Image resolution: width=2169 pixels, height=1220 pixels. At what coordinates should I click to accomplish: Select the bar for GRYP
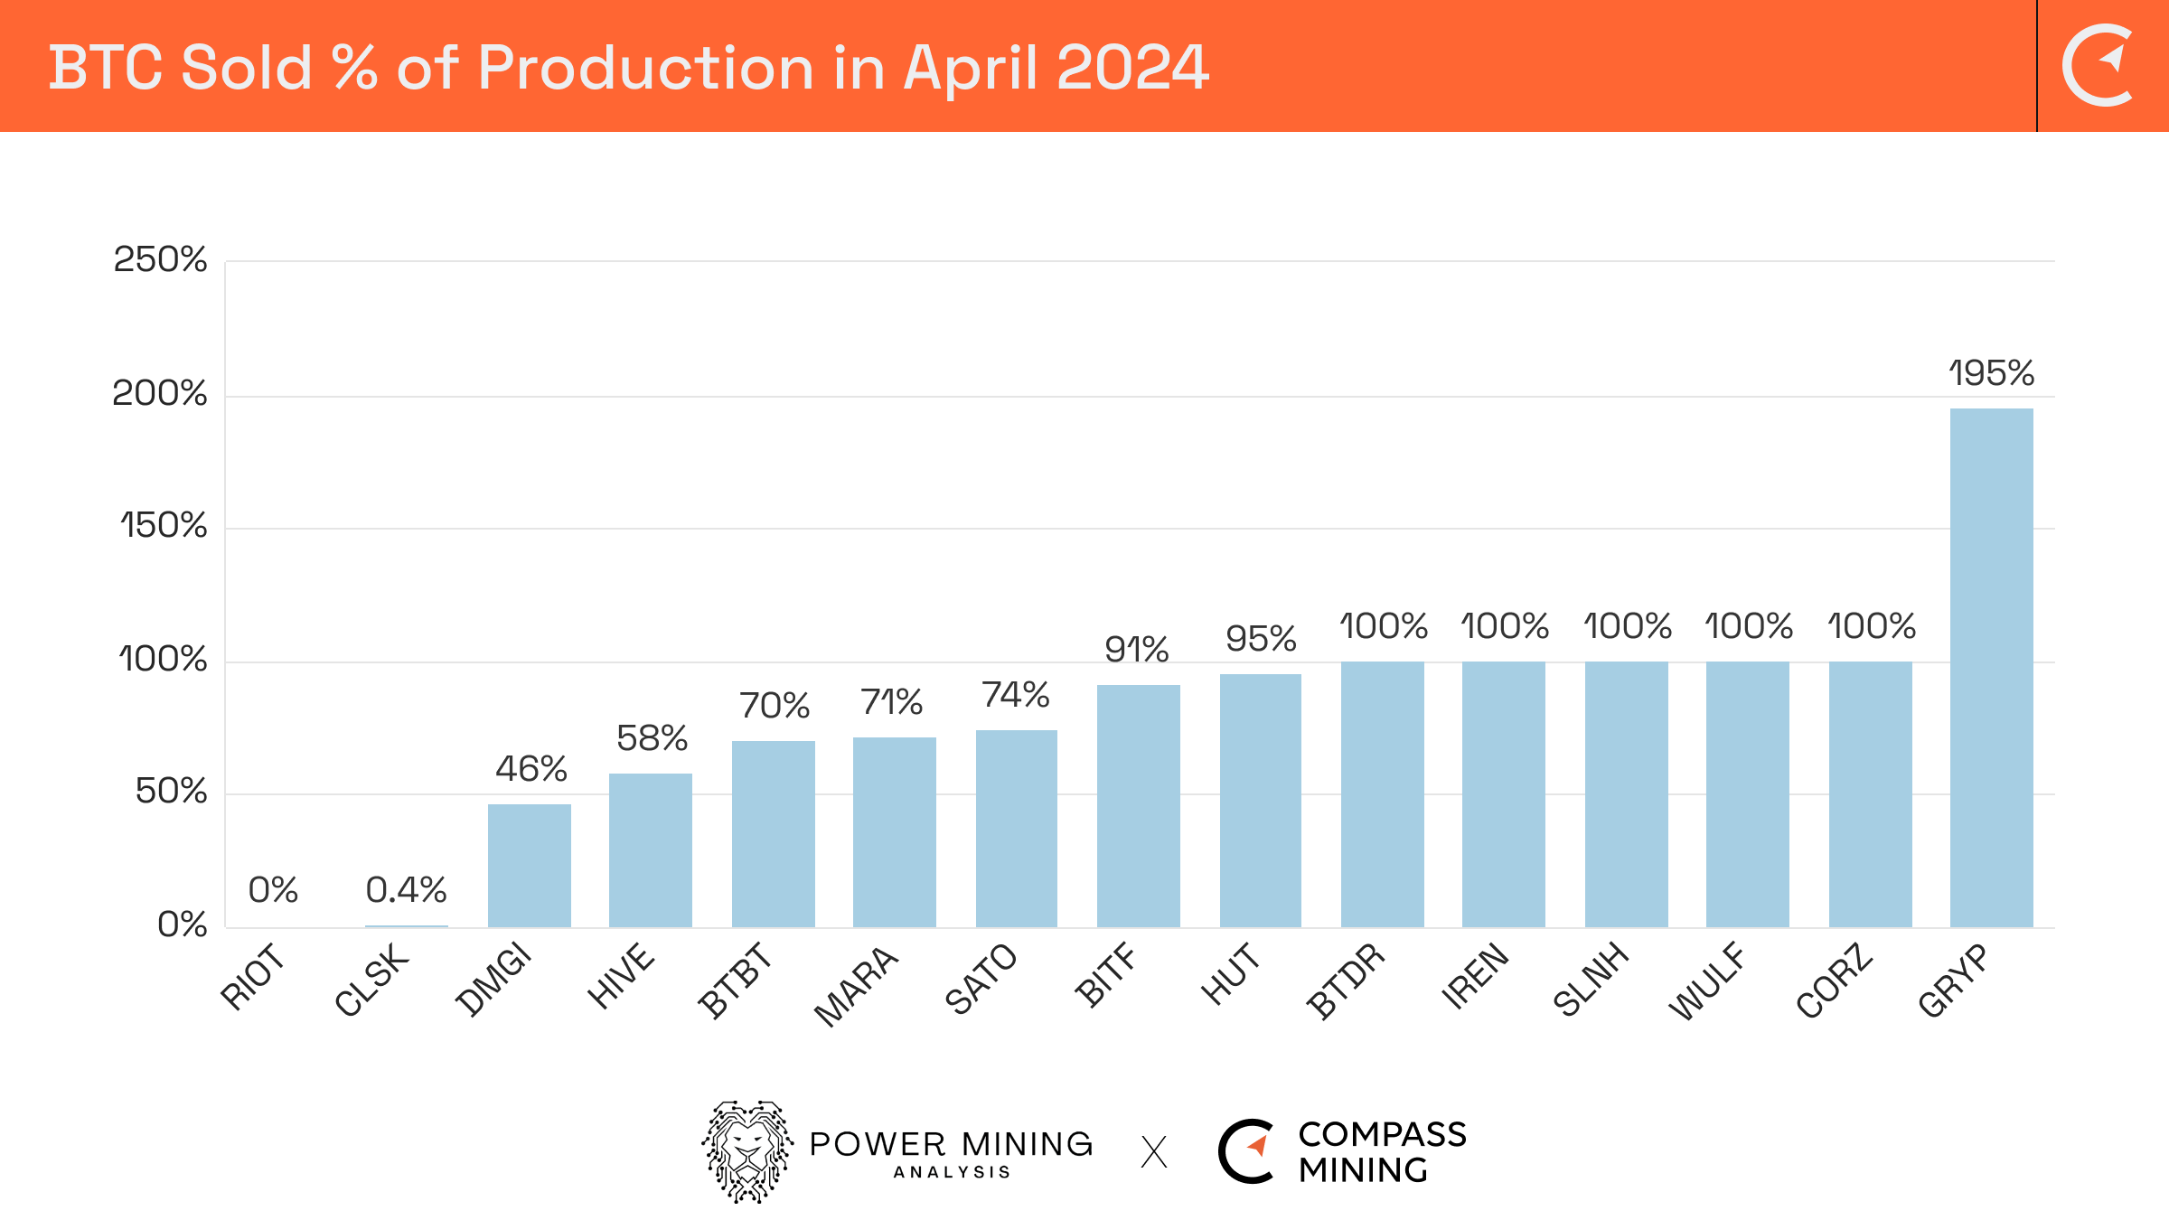click(1991, 668)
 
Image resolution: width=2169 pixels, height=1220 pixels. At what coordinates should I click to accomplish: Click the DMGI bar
click(530, 865)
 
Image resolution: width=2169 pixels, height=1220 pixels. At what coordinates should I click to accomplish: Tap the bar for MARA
click(895, 831)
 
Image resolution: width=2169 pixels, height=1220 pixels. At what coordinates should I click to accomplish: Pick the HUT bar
click(1261, 800)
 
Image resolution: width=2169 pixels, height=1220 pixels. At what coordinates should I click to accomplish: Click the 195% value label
click(1991, 373)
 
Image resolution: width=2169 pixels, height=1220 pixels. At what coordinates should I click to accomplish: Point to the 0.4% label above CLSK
click(406, 890)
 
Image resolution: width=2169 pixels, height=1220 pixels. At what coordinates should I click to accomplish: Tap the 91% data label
click(1137, 650)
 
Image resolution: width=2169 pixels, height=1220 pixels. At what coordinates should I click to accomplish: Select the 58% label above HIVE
click(652, 738)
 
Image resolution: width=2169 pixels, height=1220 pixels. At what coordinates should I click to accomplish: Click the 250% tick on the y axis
click(160, 260)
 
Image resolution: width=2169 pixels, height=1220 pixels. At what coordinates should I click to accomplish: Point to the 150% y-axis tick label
click(164, 526)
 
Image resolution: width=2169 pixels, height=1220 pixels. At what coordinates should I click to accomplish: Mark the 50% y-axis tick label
click(171, 792)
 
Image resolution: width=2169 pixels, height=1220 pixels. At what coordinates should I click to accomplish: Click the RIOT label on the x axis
click(253, 976)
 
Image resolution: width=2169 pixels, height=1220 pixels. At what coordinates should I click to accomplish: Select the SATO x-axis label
click(981, 979)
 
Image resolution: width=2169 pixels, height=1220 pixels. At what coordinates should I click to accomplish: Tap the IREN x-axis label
click(1475, 976)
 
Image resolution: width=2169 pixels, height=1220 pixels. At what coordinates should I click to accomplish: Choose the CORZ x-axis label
click(1835, 981)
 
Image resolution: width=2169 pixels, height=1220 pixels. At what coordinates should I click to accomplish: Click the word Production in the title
click(645, 68)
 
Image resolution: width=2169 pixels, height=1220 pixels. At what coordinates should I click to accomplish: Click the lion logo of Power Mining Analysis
click(747, 1151)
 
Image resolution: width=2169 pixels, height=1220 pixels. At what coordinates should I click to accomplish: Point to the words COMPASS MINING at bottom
click(1381, 1152)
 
